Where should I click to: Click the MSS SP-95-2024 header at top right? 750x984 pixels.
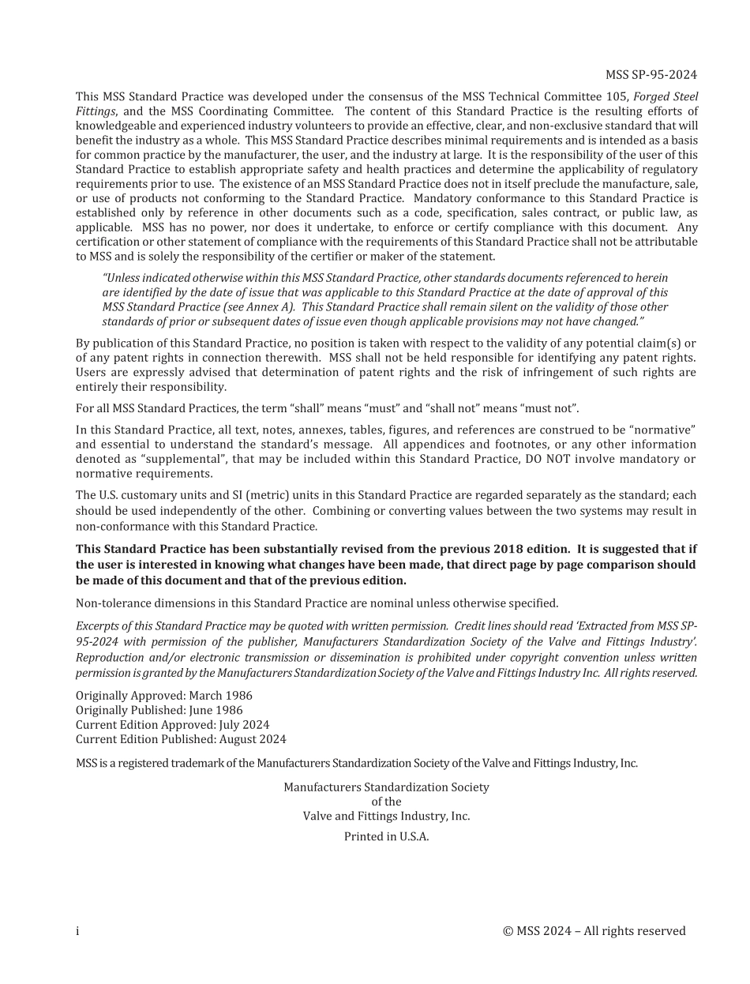[651, 75]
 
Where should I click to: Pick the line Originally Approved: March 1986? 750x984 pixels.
[164, 696]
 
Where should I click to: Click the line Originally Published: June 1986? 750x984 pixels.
[159, 710]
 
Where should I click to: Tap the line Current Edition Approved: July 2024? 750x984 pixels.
[172, 725]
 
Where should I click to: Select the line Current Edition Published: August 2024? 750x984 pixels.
[181, 739]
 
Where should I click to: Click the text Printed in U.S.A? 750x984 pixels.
[386, 836]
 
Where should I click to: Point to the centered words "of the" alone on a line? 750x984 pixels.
[386, 802]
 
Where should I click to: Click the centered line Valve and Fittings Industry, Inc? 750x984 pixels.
[386, 816]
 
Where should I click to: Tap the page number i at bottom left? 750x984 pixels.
[77, 931]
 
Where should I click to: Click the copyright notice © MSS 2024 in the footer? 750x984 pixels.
[594, 931]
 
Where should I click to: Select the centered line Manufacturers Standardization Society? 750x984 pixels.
[386, 787]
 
